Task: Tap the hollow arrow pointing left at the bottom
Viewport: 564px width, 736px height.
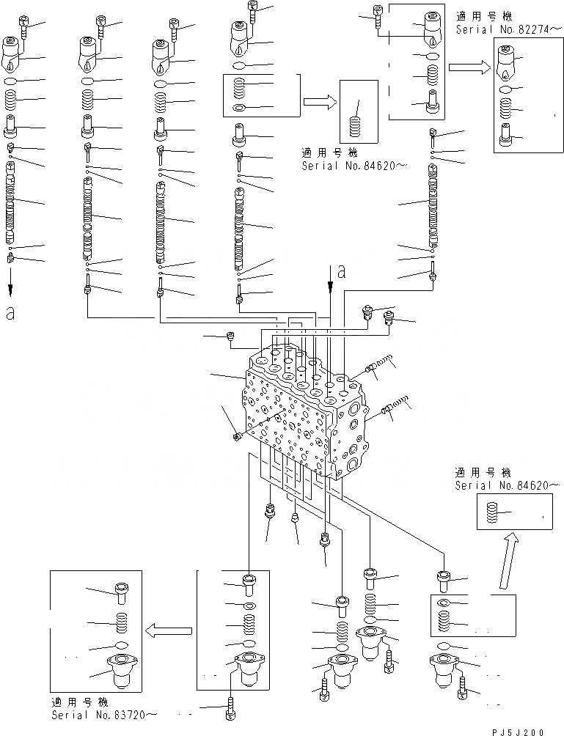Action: (169, 629)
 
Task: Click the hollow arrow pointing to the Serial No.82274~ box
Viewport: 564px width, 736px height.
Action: (469, 68)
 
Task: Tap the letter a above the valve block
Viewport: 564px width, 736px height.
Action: (341, 273)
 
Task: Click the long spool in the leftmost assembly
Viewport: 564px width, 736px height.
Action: (11, 205)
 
